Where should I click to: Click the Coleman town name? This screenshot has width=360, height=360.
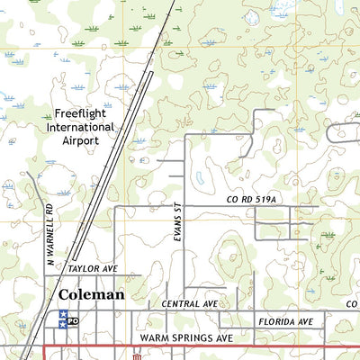[91, 293]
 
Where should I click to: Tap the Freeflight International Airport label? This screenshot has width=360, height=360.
[84, 127]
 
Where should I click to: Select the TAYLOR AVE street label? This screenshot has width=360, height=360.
[93, 268]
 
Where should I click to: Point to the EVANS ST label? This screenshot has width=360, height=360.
[177, 221]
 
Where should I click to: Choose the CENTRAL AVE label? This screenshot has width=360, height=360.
[190, 304]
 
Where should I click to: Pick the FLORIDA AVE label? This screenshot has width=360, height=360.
[285, 321]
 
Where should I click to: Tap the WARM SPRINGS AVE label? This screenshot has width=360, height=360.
[185, 337]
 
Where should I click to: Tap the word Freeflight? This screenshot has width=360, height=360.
[84, 113]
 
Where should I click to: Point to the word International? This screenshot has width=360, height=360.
[84, 127]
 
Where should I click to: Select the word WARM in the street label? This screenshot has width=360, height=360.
[156, 337]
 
